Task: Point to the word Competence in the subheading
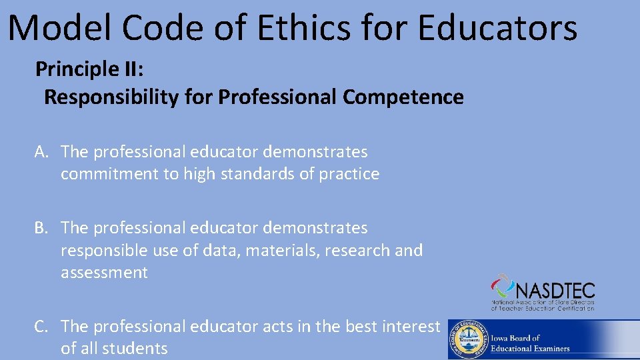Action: click(403, 97)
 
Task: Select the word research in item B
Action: click(359, 251)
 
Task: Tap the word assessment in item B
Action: click(104, 273)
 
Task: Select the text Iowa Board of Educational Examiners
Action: click(531, 343)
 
